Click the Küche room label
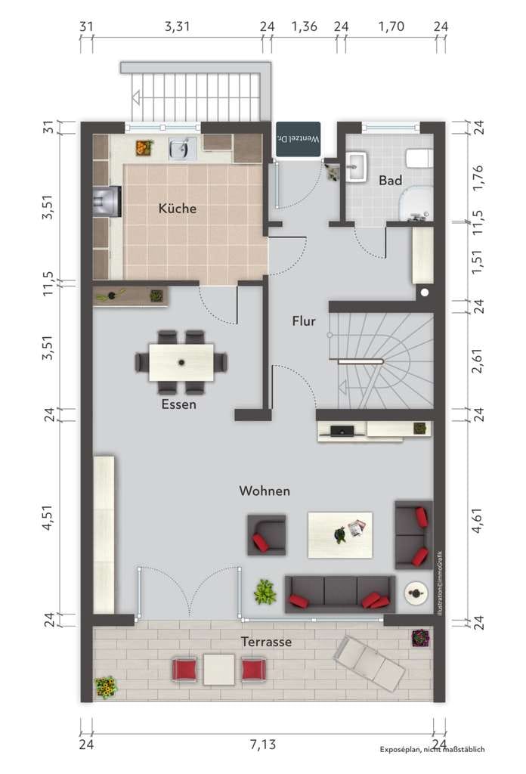pyautogui.click(x=177, y=209)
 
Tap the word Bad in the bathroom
pyautogui.click(x=390, y=181)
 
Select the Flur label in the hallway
pyautogui.click(x=304, y=320)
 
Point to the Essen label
pyautogui.click(x=178, y=404)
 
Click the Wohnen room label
pyautogui.click(x=265, y=491)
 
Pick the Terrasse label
pyautogui.click(x=266, y=642)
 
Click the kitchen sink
pyautogui.click(x=180, y=149)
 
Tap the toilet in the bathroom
pyautogui.click(x=419, y=159)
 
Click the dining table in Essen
pyautogui.click(x=181, y=362)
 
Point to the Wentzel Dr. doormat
pyautogui.click(x=298, y=139)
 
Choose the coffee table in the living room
pyautogui.click(x=340, y=535)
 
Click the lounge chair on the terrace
pyautogui.click(x=370, y=662)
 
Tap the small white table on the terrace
pyautogui.click(x=219, y=670)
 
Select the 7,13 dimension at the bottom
pyautogui.click(x=262, y=744)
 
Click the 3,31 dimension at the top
pyautogui.click(x=177, y=26)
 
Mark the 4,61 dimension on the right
pyautogui.click(x=478, y=520)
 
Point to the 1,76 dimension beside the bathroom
pyautogui.click(x=478, y=178)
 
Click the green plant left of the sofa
pyautogui.click(x=265, y=591)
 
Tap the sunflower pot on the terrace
pyautogui.click(x=105, y=687)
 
